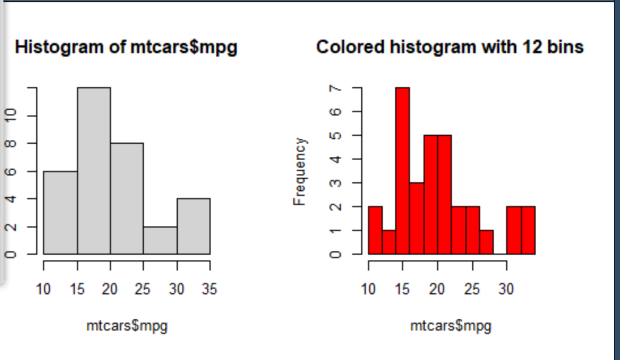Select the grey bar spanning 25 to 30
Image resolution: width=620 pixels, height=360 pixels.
point(160,241)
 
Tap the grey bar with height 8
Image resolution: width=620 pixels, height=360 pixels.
point(127,198)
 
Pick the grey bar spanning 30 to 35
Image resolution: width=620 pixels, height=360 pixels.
point(194,226)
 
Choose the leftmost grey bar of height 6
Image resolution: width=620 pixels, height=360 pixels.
point(61,212)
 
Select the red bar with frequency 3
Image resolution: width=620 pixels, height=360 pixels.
point(416,218)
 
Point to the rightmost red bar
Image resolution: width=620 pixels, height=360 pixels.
point(528,230)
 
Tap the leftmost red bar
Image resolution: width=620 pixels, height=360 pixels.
point(375,230)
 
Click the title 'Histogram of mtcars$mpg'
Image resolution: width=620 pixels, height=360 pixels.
point(126,48)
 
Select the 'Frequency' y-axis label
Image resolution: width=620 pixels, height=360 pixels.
point(300,171)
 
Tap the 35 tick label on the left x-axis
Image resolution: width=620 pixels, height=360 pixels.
point(209,290)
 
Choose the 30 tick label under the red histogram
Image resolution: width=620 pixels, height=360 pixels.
point(506,290)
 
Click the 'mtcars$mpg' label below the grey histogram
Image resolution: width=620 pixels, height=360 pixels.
point(127,326)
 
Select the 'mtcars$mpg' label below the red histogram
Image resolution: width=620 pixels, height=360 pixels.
point(451,326)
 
